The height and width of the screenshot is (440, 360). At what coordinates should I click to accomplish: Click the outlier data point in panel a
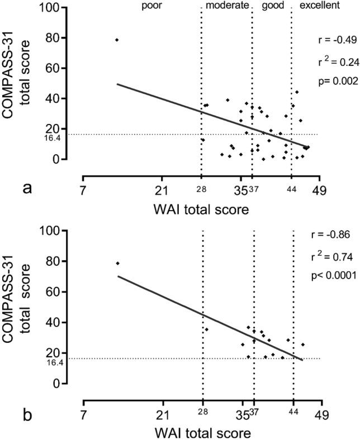coord(117,40)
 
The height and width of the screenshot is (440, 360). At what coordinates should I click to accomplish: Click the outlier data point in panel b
coord(118,263)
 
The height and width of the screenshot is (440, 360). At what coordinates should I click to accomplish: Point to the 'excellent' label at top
coord(320,6)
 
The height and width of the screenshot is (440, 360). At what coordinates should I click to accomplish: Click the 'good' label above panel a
coord(272,6)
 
